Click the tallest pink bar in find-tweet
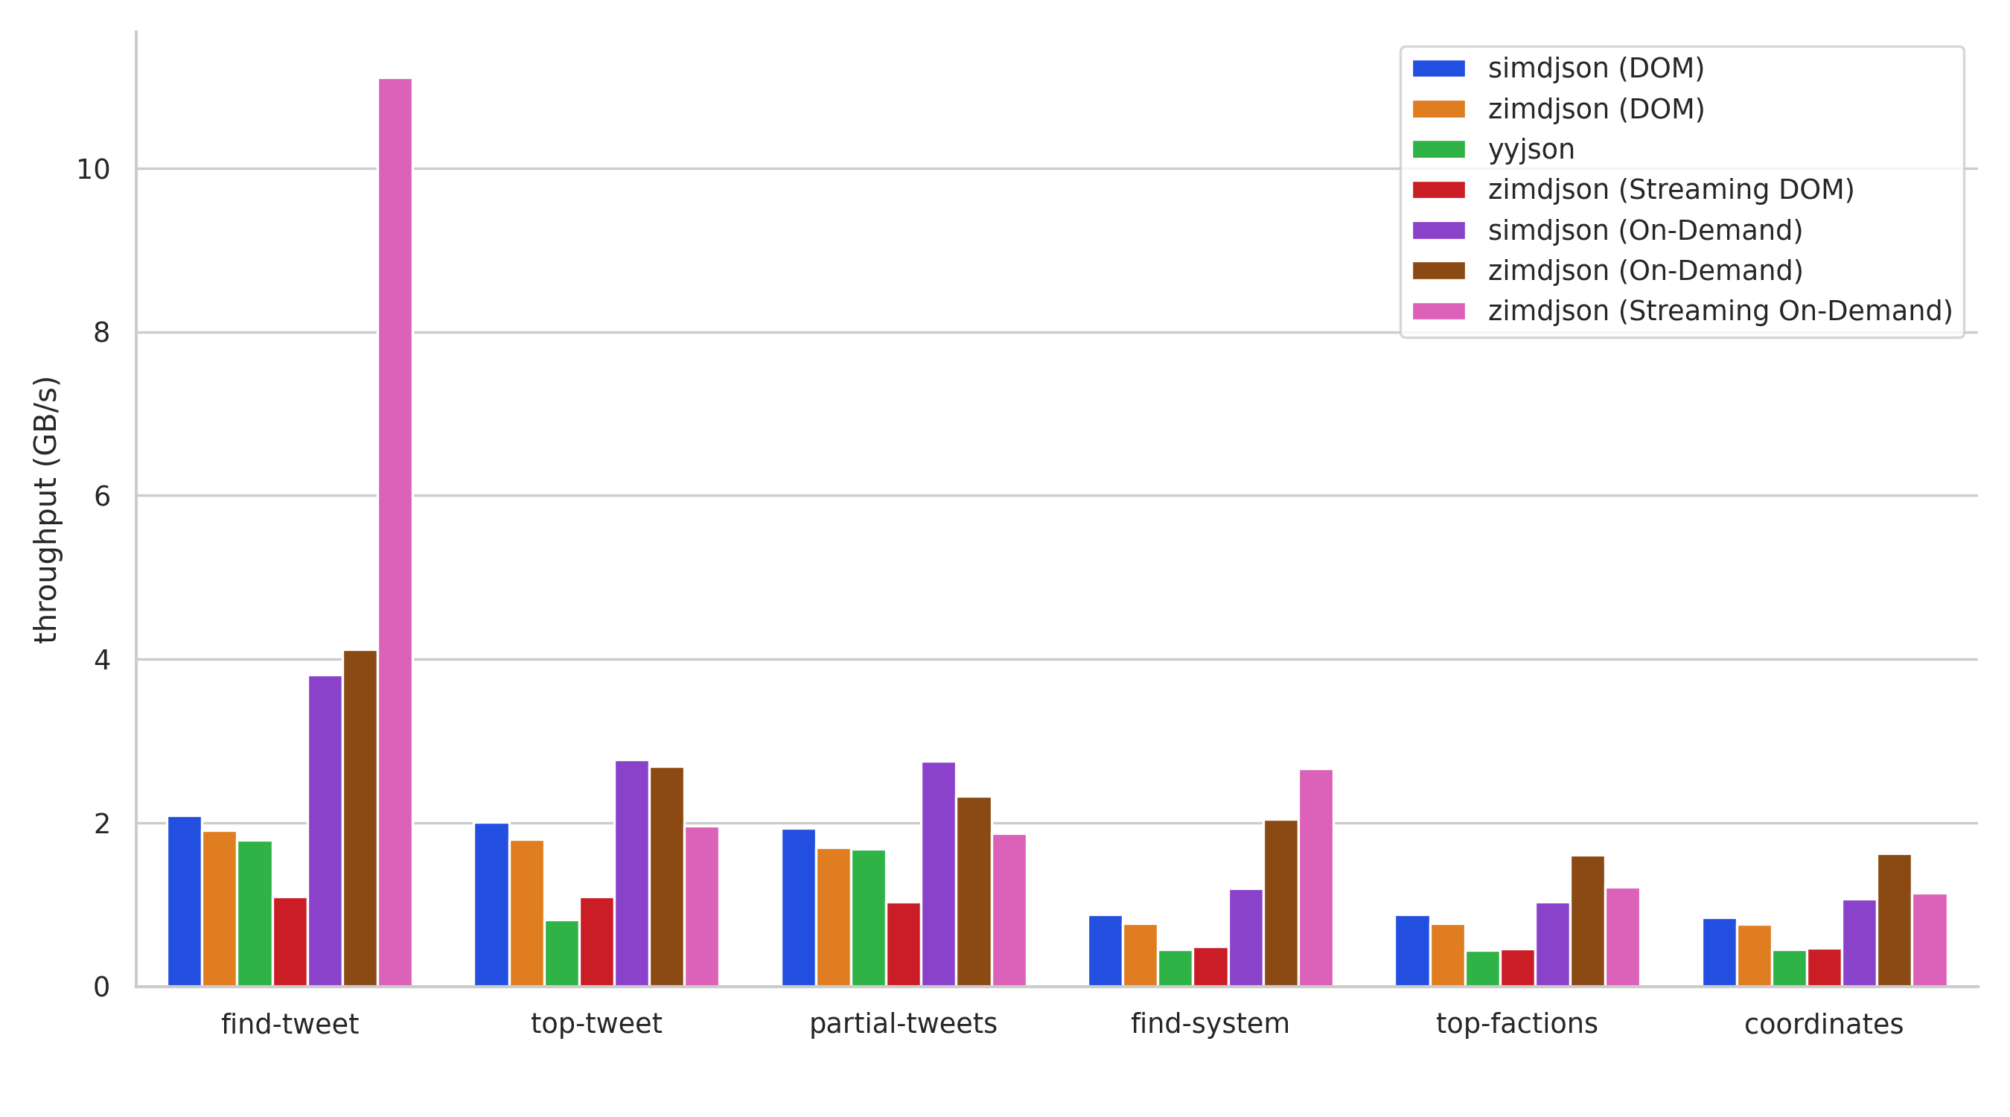pos(395,532)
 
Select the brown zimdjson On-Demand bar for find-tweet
pos(360,818)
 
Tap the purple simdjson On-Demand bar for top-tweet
pos(631,873)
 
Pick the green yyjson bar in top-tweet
pos(562,953)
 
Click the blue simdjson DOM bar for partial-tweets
pos(798,908)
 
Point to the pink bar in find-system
pos(1315,878)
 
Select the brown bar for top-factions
pos(1588,921)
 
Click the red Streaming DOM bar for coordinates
pos(1825,968)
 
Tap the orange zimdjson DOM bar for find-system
pos(1140,955)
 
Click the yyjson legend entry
pos(1493,149)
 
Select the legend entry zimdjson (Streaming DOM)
pos(1633,190)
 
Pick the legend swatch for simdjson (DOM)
pos(1439,69)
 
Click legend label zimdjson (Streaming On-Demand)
pos(1720,311)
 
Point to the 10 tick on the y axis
pos(93,169)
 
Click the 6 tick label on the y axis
pos(101,497)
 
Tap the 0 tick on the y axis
pos(101,987)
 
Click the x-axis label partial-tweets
pos(904,1023)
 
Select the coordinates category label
pos(1825,1024)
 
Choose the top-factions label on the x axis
pos(1517,1023)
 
